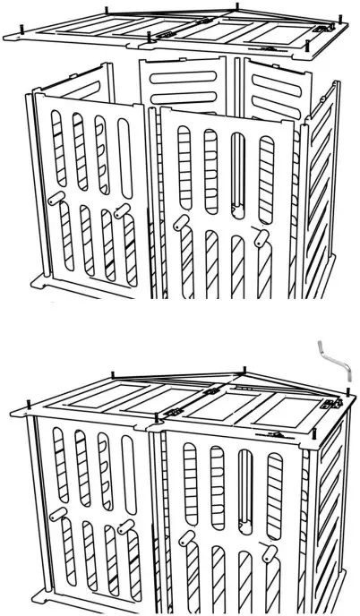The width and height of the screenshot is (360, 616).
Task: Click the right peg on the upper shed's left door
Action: (121, 210)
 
